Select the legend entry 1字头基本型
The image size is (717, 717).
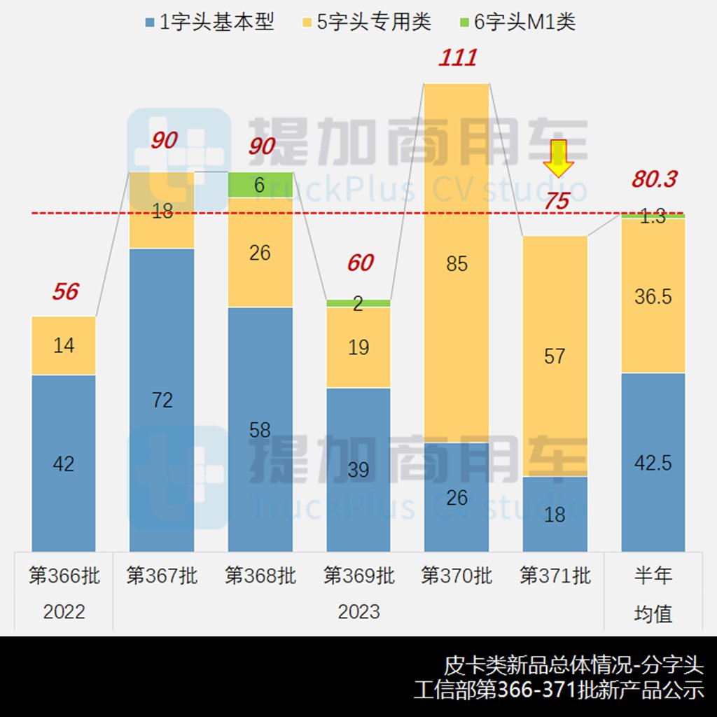point(209,22)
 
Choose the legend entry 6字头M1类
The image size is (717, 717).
point(517,22)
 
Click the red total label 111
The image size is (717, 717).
point(458,57)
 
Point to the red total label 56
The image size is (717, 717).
point(65,291)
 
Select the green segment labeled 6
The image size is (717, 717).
point(260,185)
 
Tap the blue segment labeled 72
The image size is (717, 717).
point(162,399)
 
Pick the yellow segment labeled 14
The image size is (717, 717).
point(64,345)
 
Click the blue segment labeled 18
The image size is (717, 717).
point(555,514)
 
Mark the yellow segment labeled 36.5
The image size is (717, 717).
point(653,295)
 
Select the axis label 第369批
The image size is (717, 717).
point(358,576)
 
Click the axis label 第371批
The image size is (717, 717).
point(555,576)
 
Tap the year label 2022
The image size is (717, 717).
point(64,611)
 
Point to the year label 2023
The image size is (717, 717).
point(358,611)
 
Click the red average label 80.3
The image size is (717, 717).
point(654,179)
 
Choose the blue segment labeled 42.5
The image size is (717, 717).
point(653,462)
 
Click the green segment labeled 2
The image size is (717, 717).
point(358,303)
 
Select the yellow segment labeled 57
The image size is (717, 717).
point(555,356)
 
